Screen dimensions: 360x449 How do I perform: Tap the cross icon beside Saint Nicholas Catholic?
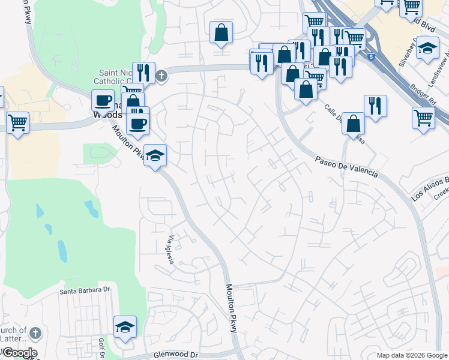click(161, 76)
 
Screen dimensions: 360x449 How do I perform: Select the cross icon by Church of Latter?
click(35, 332)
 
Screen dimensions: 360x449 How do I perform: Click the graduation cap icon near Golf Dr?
click(125, 326)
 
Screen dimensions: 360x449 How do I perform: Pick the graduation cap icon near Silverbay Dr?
click(427, 48)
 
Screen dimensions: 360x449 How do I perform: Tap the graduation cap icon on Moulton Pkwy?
click(155, 156)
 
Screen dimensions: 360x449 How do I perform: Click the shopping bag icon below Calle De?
click(355, 124)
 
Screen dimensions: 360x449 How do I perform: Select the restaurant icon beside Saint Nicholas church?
click(143, 72)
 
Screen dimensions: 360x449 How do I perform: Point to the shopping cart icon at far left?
click(17, 122)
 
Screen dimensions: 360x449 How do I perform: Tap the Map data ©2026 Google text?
click(411, 355)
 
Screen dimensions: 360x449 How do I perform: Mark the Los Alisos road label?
click(430, 188)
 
